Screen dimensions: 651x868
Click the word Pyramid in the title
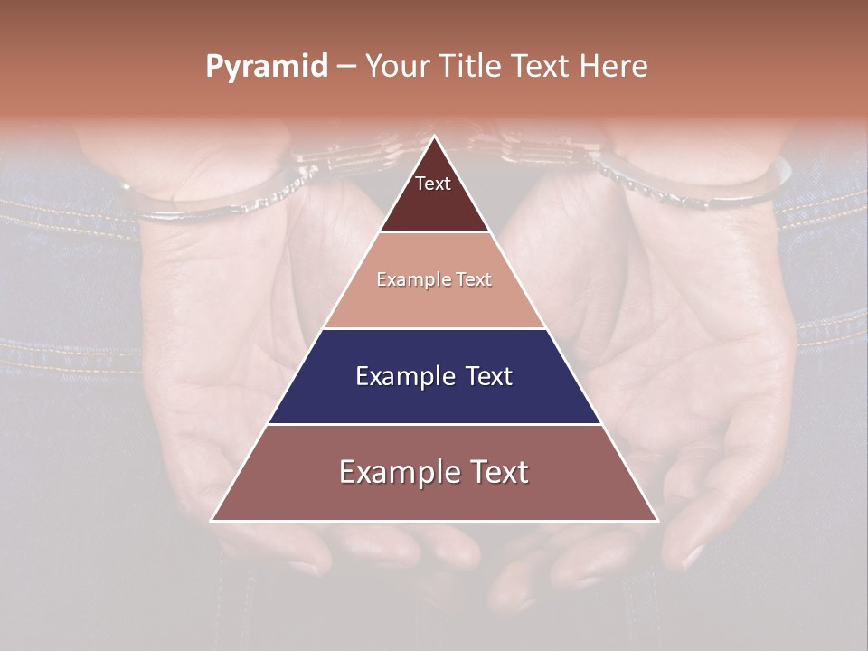click(267, 67)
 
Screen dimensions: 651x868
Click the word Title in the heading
click(471, 66)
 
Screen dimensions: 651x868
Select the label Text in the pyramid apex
click(433, 184)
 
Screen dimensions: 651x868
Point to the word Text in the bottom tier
click(494, 472)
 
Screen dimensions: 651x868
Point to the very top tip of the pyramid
click(435, 137)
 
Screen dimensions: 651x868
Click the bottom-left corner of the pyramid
click(213, 520)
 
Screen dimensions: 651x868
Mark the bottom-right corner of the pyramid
click(656, 520)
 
